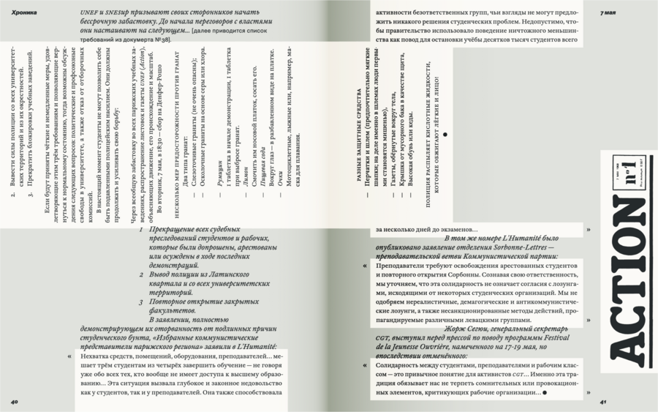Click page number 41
[x=603, y=401]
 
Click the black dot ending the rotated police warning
[x=445, y=135]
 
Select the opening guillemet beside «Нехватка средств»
[x=69, y=357]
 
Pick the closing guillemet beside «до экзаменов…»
[x=589, y=229]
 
